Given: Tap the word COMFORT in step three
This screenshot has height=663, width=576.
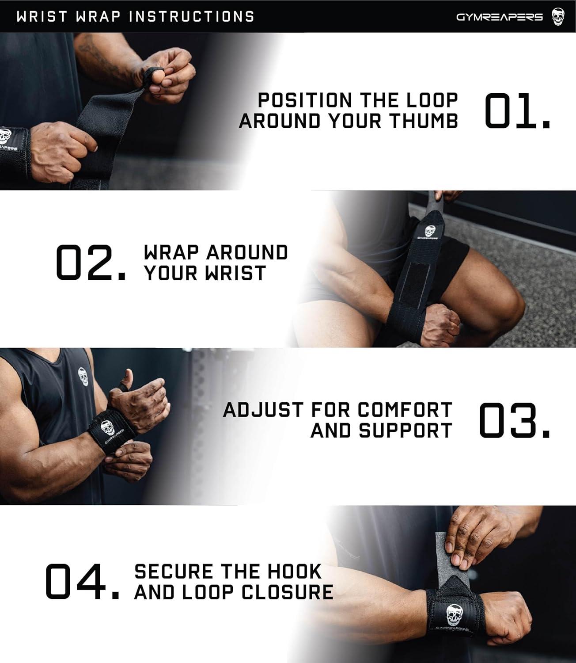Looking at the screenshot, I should pyautogui.click(x=405, y=410).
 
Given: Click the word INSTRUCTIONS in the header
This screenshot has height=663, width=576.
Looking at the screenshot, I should pyautogui.click(x=192, y=16).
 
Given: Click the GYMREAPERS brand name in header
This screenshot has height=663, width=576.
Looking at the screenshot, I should pyautogui.click(x=499, y=17).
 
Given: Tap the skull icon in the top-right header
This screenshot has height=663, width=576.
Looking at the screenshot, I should pyautogui.click(x=558, y=17).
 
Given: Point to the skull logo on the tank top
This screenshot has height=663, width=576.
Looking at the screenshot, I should pyautogui.click(x=83, y=377).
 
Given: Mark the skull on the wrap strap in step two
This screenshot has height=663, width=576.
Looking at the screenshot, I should pyautogui.click(x=429, y=231).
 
